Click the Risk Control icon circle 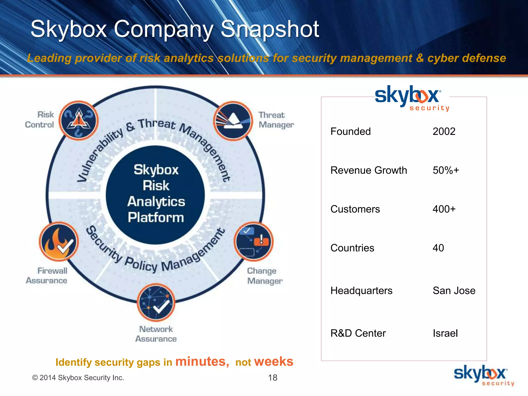[x=79, y=120]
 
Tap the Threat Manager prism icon [x=233, y=121]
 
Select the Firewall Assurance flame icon [x=59, y=242]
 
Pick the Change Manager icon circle [x=254, y=242]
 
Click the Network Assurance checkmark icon [x=156, y=302]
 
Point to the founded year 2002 [x=444, y=131]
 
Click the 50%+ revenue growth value [x=446, y=170]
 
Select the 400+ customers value [x=444, y=209]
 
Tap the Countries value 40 [x=438, y=248]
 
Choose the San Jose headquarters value [x=454, y=291]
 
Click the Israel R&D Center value [x=445, y=333]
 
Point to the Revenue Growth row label [x=369, y=170]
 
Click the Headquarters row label [x=361, y=291]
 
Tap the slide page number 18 [x=273, y=378]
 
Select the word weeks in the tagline [x=274, y=361]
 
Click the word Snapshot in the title [x=270, y=29]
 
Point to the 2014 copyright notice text [x=78, y=378]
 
